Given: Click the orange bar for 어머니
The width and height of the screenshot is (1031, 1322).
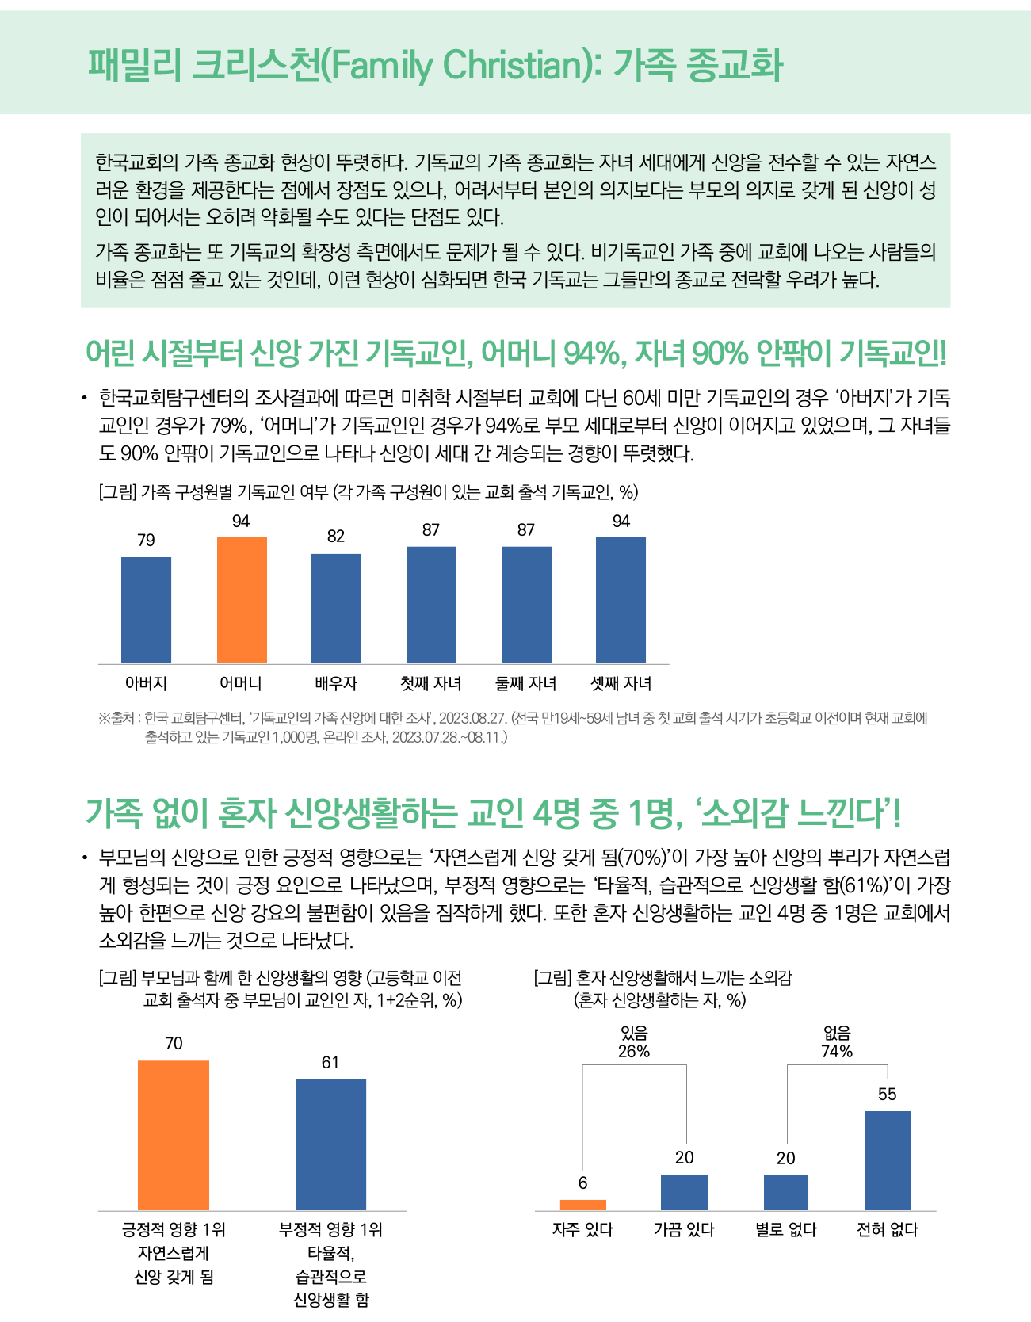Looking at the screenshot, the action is click(x=242, y=600).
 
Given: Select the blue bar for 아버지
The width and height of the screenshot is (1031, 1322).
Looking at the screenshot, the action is click(x=146, y=610).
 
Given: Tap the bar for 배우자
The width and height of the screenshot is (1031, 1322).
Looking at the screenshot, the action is click(x=335, y=609).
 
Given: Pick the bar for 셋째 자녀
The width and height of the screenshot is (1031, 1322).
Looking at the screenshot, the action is click(x=621, y=600).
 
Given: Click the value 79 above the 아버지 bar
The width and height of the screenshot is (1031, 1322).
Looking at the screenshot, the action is click(x=146, y=541).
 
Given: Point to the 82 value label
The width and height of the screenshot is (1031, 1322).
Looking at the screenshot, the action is click(x=336, y=537).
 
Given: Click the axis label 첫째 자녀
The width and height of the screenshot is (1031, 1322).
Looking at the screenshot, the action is click(x=431, y=683).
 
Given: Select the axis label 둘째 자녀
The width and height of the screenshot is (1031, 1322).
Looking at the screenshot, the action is click(x=526, y=683).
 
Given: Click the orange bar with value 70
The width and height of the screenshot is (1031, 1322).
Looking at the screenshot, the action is click(x=174, y=1135).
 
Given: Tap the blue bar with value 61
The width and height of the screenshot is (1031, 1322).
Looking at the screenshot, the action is click(x=331, y=1144).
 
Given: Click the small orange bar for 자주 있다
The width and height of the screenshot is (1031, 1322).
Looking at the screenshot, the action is click(x=583, y=1205).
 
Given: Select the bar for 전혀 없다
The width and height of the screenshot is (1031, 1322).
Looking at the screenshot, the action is click(x=888, y=1160).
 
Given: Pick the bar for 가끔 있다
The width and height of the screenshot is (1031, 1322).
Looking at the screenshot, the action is click(x=684, y=1192).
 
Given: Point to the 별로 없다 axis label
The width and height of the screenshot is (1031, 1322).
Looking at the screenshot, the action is click(x=786, y=1230).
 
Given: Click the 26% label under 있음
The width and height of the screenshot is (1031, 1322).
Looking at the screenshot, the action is click(x=634, y=1052).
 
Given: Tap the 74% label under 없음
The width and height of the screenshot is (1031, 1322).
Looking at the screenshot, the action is click(x=837, y=1052).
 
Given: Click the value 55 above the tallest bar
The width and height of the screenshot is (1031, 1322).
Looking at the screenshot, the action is click(x=888, y=1095).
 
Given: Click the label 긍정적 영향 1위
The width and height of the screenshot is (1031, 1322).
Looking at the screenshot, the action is click(x=174, y=1230).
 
